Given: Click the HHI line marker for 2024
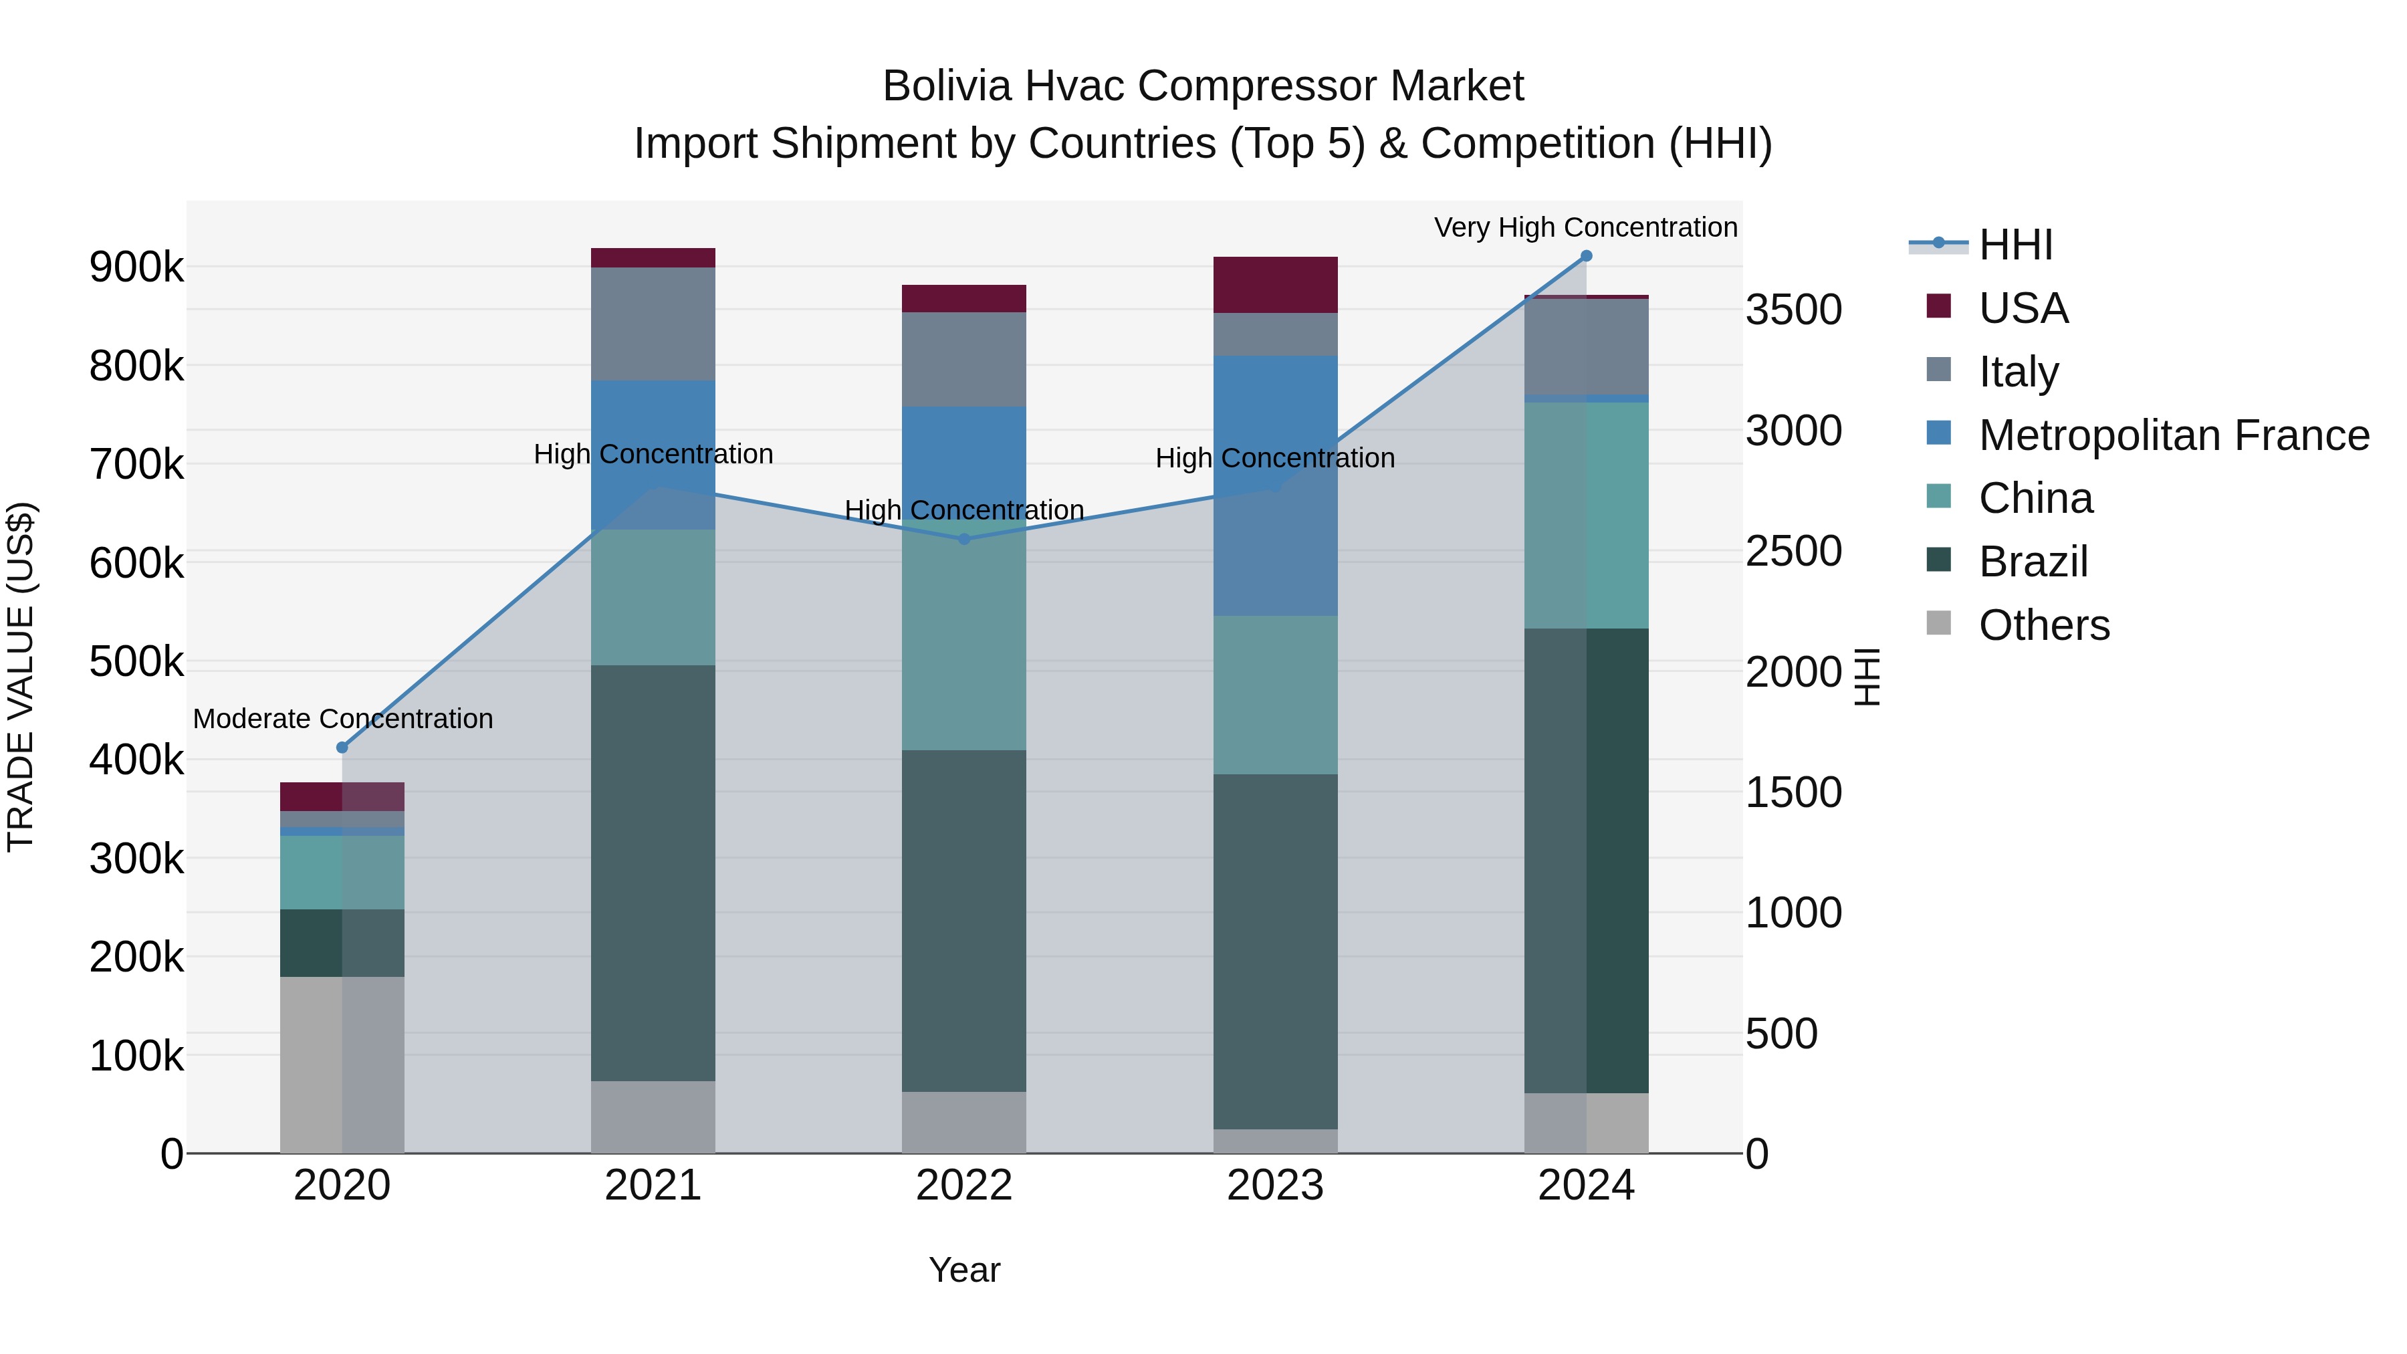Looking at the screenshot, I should (x=1586, y=256).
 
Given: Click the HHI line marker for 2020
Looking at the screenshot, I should (x=342, y=748).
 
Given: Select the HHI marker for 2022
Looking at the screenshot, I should (x=964, y=539).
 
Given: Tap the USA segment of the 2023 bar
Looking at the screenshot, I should (x=1276, y=284).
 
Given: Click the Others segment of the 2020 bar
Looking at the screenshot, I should (x=342, y=1064).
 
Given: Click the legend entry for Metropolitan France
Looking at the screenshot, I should (x=2174, y=435).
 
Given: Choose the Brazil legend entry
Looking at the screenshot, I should (x=2033, y=562).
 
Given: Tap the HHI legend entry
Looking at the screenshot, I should (x=2015, y=245).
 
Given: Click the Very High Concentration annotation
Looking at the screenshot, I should (x=1586, y=227).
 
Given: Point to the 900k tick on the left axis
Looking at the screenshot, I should (x=136, y=267).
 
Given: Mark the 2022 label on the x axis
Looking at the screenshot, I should (x=964, y=1186).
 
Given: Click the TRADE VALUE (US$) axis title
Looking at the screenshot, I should (x=21, y=677).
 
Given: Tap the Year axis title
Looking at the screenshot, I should (x=964, y=1270).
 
